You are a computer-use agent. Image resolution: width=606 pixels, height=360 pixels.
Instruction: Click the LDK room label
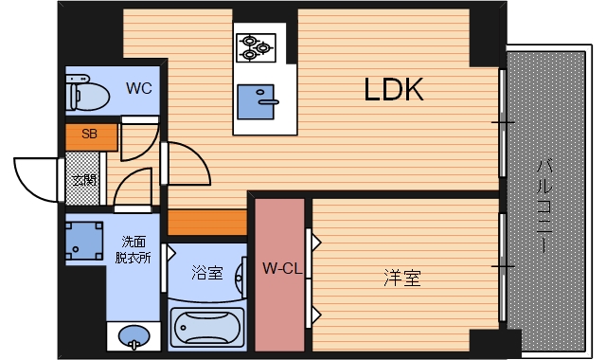[x=393, y=90]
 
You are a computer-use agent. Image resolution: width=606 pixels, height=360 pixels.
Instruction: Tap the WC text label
[x=139, y=90]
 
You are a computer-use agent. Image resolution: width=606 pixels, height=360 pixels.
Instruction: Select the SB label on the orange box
[x=89, y=135]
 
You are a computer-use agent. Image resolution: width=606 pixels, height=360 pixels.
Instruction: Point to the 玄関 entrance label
[x=84, y=180]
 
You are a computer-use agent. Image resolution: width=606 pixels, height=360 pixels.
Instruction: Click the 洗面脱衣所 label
[x=133, y=249]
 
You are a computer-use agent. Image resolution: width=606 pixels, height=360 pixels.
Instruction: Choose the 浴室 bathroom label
[x=206, y=274]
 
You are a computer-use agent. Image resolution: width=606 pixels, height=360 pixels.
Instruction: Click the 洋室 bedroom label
[x=401, y=279]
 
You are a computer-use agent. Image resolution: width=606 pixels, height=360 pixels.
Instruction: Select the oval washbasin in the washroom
[x=134, y=336]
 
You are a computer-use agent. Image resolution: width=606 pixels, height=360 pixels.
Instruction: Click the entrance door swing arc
[x=34, y=178]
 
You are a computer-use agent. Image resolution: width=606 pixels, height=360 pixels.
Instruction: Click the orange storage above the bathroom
[x=207, y=223]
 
